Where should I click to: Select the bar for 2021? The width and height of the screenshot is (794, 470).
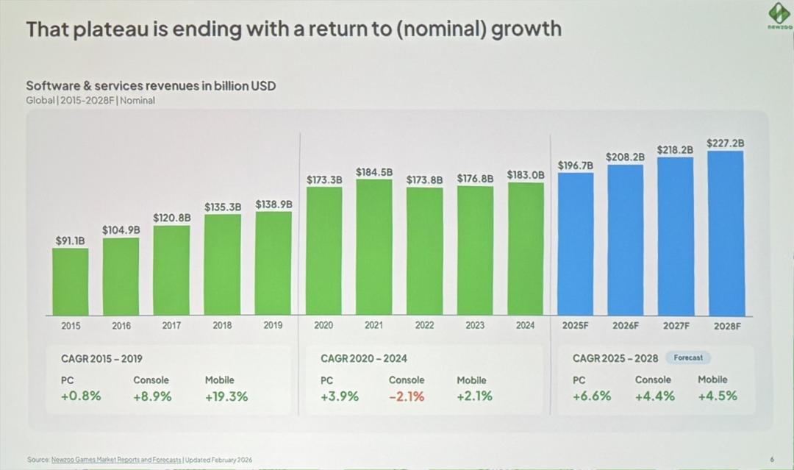[x=374, y=247]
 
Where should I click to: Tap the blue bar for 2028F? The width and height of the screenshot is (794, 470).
[x=726, y=233]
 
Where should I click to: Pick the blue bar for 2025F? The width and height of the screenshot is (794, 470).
[x=576, y=244]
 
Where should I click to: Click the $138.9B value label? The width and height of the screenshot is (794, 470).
[x=273, y=204]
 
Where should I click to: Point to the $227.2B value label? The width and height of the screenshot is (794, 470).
[x=725, y=143]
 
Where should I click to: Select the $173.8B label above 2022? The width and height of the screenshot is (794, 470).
[x=424, y=179]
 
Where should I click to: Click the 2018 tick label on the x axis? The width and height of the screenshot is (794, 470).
[x=222, y=325]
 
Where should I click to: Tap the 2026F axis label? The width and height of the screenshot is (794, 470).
[x=626, y=325]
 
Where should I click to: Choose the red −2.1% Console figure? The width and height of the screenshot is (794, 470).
[x=406, y=396]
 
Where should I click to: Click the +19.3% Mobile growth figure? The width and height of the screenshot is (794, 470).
[x=226, y=396]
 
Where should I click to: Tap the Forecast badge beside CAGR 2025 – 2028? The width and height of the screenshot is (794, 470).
[x=688, y=357]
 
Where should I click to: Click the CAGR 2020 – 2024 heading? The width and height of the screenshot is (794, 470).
[x=364, y=358]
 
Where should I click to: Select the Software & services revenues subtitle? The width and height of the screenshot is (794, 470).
[x=151, y=86]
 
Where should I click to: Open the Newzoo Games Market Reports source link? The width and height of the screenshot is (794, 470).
[x=116, y=460]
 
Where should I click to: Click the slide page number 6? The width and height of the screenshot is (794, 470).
[x=772, y=460]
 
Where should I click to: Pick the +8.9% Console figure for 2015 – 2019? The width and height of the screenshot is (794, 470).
[x=152, y=396]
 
